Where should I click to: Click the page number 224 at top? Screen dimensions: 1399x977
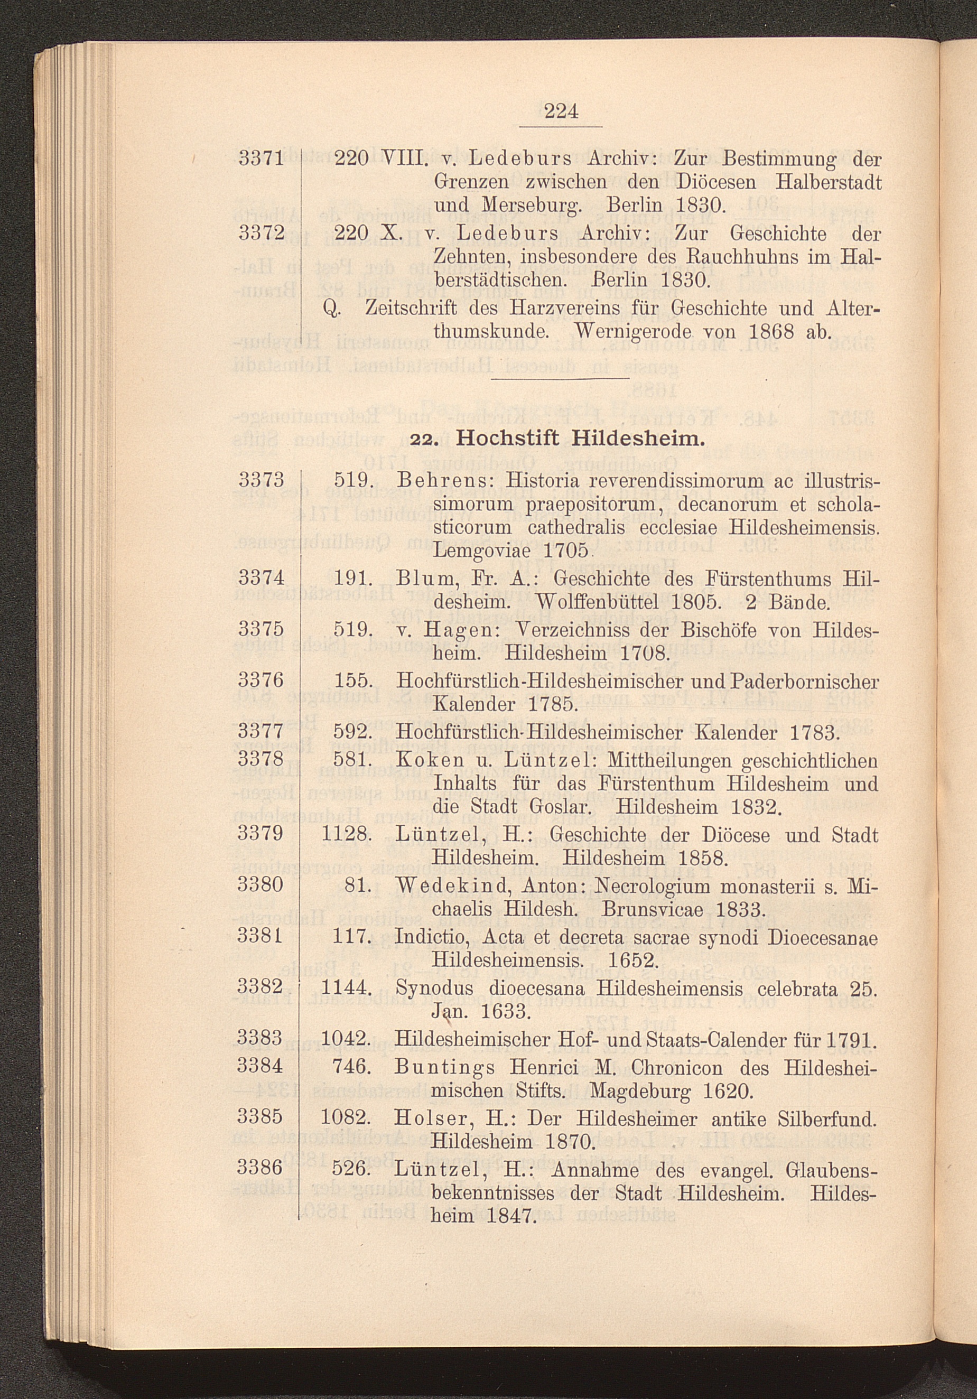coord(561,111)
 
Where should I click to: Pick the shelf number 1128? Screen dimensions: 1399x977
coord(346,834)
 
